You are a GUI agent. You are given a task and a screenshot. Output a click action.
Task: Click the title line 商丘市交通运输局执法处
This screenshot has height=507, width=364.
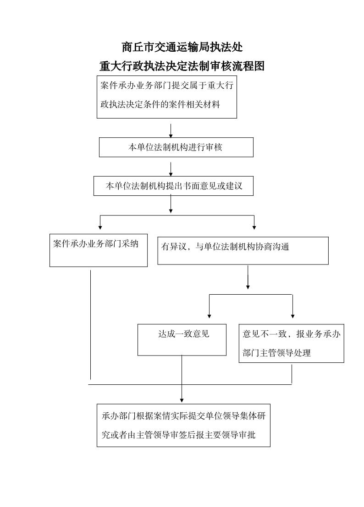coord(182,47)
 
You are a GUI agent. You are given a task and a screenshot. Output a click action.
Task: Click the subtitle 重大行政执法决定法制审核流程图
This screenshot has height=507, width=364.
coord(182,66)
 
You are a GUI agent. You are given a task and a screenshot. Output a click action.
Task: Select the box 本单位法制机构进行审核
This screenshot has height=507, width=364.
coord(176,147)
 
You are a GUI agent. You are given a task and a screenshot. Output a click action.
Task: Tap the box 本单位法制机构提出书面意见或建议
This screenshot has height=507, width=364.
coord(174,186)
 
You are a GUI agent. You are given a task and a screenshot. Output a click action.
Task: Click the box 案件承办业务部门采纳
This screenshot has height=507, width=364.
coord(99,250)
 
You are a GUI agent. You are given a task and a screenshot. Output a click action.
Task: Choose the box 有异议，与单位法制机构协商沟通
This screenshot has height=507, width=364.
coord(243,251)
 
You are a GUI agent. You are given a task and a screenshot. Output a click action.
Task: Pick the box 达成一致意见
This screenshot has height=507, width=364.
coord(182,340)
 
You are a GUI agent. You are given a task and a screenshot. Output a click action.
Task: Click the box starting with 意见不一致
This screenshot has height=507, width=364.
coord(292,343)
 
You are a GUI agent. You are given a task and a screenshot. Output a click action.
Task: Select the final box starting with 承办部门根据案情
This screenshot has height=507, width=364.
coord(184,425)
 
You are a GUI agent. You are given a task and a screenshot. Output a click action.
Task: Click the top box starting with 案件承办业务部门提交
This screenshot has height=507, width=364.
coord(167,97)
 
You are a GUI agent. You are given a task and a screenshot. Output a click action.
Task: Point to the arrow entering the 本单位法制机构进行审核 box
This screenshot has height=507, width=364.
coord(171,130)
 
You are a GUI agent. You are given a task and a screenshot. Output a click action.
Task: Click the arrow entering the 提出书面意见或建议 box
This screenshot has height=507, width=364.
coord(171,169)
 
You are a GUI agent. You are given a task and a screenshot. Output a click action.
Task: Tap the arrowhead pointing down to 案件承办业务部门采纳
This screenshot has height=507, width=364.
coord(100,227)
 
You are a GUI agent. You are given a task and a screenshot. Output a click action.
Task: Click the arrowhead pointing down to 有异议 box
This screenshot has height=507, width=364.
coord(254,227)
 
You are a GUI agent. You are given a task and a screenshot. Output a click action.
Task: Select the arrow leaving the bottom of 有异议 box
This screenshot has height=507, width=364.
coord(248,277)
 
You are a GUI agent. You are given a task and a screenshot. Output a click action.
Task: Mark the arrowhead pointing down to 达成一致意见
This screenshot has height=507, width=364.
coord(209,316)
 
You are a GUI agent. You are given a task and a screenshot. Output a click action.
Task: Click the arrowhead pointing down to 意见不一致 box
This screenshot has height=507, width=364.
coord(293,316)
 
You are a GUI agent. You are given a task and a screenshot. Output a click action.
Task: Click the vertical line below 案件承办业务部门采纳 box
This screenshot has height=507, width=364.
coord(90,324)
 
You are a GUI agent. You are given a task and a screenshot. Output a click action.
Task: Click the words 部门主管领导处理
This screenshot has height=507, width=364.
coord(276,353)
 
